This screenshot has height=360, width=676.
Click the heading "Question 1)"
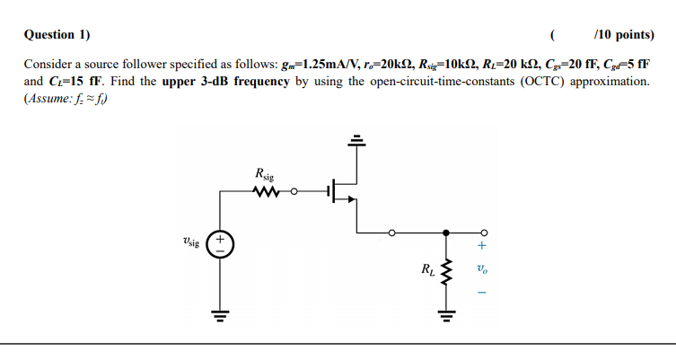coord(57,35)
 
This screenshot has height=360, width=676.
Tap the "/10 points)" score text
coord(624,35)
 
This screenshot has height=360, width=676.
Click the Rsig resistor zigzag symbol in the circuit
coord(268,190)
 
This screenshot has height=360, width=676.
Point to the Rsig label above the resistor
coord(265,173)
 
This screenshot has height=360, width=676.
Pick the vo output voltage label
coord(482,268)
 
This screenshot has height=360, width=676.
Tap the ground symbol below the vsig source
coord(219,313)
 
